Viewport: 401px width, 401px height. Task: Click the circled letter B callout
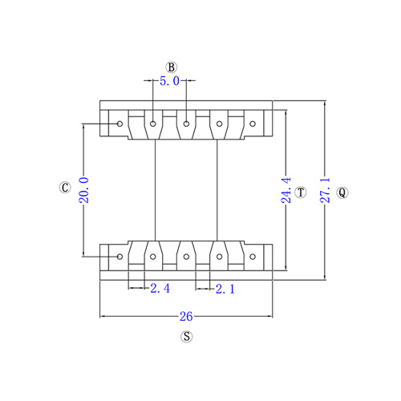point(172,67)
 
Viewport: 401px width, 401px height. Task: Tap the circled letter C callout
point(65,188)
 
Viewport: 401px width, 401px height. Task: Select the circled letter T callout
point(301,192)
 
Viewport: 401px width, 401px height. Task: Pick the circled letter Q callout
point(342,192)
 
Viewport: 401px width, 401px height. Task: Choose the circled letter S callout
point(187,336)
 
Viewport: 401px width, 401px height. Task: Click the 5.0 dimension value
point(169,81)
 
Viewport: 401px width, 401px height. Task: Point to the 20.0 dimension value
point(84,190)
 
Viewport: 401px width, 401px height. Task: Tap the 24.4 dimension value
point(286,190)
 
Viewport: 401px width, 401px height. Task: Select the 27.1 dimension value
point(325,190)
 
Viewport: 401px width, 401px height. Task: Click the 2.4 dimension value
point(160,289)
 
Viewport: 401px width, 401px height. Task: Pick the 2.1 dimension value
point(225,290)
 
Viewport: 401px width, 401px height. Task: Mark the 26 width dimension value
point(186,317)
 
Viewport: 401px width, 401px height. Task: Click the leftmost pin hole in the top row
point(120,124)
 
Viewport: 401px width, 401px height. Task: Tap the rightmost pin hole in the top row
point(253,124)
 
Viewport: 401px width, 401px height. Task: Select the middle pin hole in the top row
point(186,124)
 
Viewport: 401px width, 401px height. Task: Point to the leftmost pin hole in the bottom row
point(120,257)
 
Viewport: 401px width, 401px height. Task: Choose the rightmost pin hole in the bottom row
point(253,257)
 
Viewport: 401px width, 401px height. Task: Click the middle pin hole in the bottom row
point(186,257)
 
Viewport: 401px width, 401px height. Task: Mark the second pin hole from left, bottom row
point(153,257)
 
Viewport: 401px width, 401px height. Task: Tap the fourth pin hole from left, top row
point(219,124)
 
